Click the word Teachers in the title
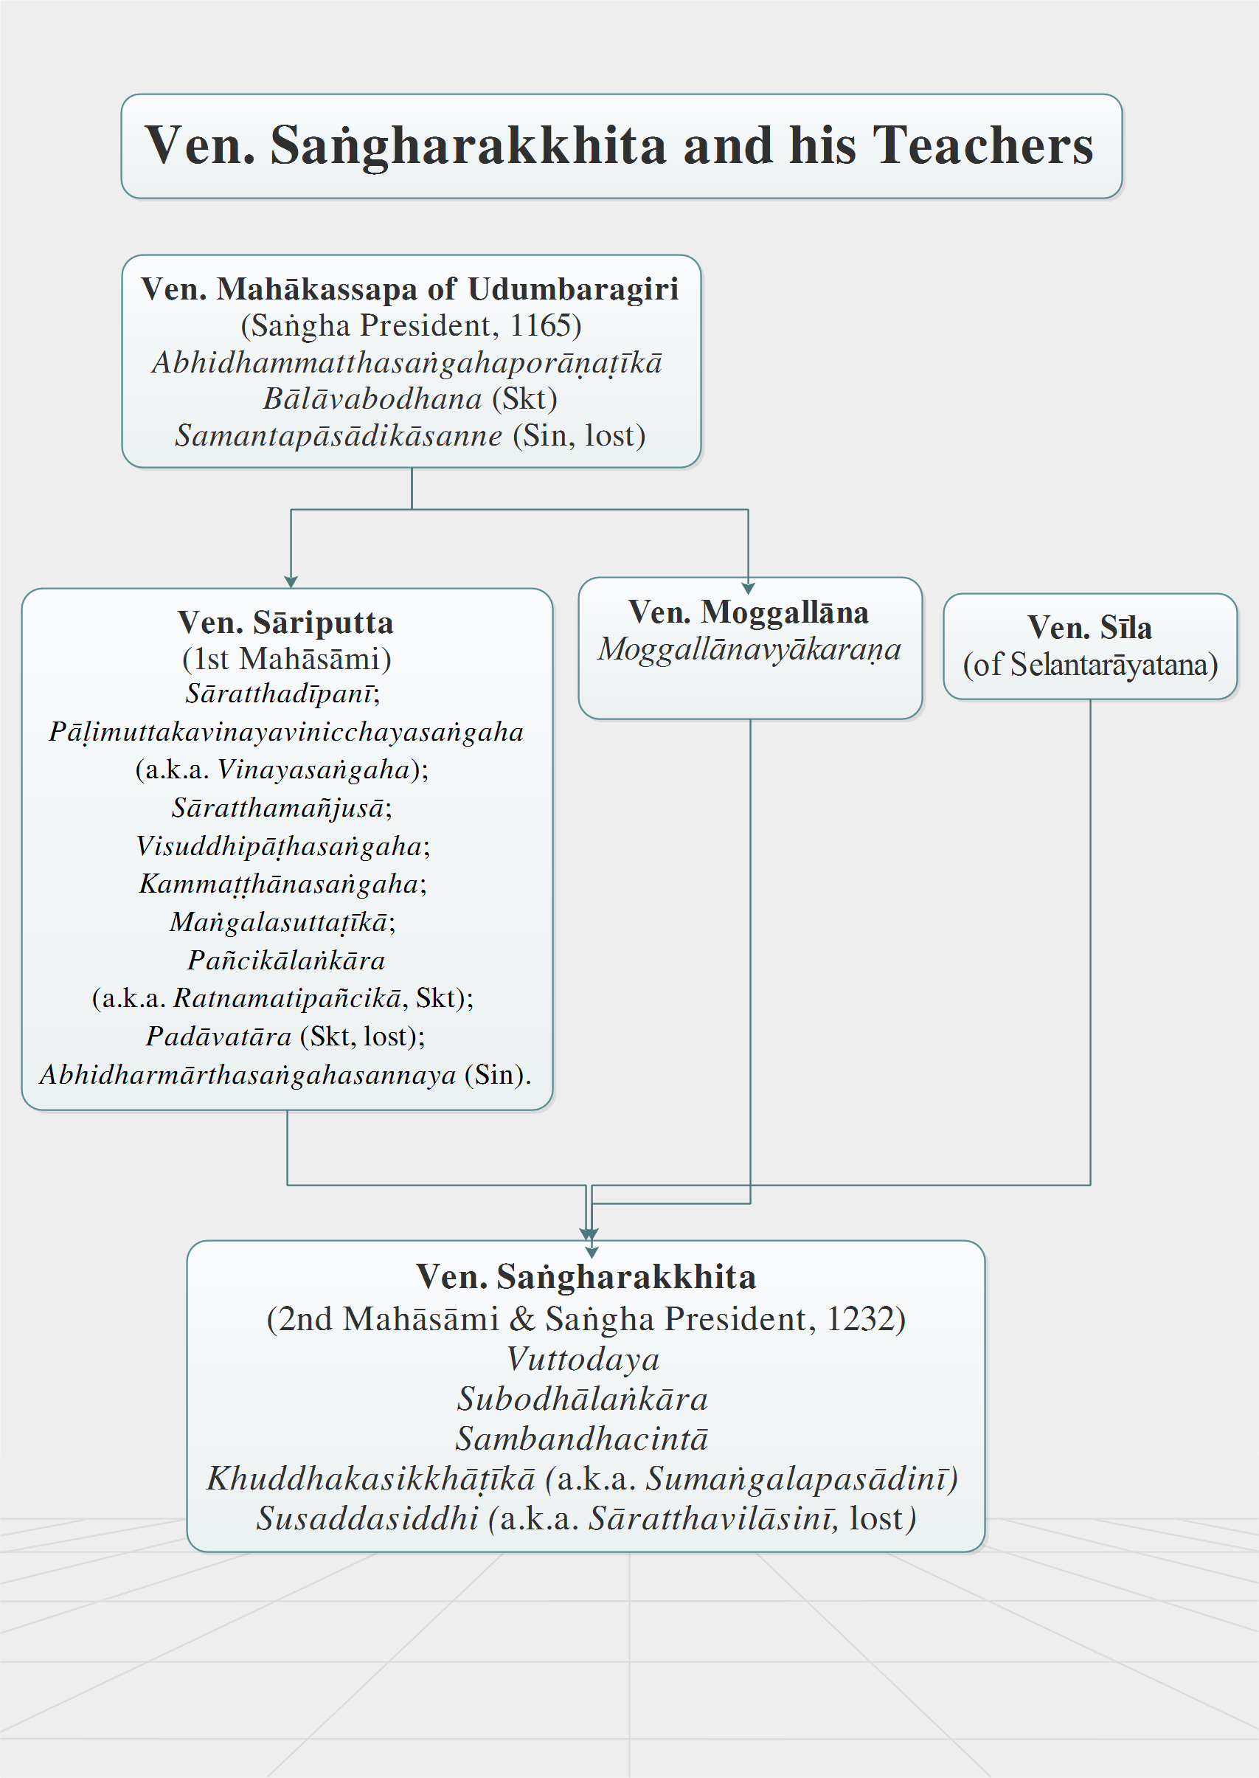(983, 145)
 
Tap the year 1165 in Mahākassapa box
(541, 325)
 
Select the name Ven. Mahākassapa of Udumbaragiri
(410, 288)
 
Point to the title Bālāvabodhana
(373, 398)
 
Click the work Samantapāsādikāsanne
(339, 436)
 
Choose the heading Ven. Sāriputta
(285, 622)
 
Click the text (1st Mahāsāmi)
(287, 659)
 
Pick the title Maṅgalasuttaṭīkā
(279, 923)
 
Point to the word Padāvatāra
(218, 1037)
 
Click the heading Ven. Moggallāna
(748, 612)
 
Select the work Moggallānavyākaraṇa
(749, 650)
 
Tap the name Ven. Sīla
(1089, 627)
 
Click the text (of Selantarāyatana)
(1090, 665)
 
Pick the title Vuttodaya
(583, 1359)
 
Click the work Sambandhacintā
(582, 1439)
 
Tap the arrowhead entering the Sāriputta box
(291, 582)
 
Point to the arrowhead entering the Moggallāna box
(748, 589)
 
